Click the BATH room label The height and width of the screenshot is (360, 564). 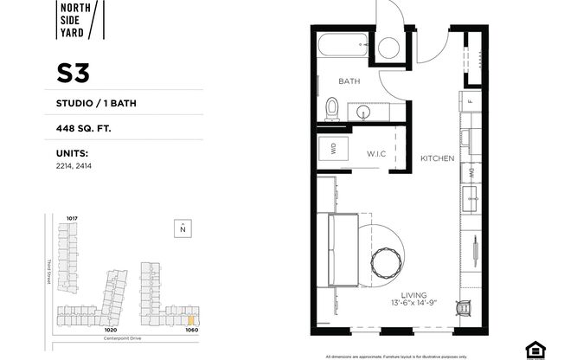point(349,80)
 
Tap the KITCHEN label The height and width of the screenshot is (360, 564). point(437,159)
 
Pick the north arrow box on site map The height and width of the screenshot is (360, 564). point(183,228)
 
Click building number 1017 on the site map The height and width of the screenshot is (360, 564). point(73,218)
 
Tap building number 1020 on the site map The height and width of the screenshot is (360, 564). point(110,329)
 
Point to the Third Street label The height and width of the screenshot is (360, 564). point(51,273)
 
